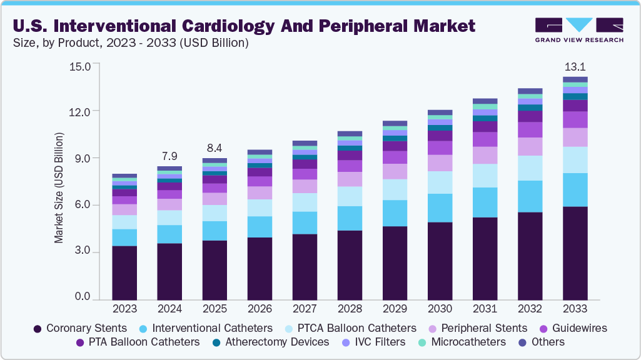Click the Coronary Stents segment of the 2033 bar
coord(575,253)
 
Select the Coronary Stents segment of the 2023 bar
coord(124,273)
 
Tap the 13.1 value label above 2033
coord(575,66)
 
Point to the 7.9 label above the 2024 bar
coord(169,155)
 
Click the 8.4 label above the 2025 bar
coord(215,148)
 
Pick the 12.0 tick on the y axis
coord(79,111)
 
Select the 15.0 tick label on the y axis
coord(79,65)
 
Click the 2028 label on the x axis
coord(350,309)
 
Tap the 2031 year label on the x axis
coord(485,309)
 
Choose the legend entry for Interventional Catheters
coord(212,328)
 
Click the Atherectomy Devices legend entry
coord(277,342)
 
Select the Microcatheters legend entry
coord(468,342)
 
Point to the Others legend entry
coord(548,342)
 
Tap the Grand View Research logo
coord(578,29)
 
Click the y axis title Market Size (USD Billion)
coord(59,187)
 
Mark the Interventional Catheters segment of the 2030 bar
coord(440,208)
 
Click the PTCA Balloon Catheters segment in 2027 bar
coord(305,202)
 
